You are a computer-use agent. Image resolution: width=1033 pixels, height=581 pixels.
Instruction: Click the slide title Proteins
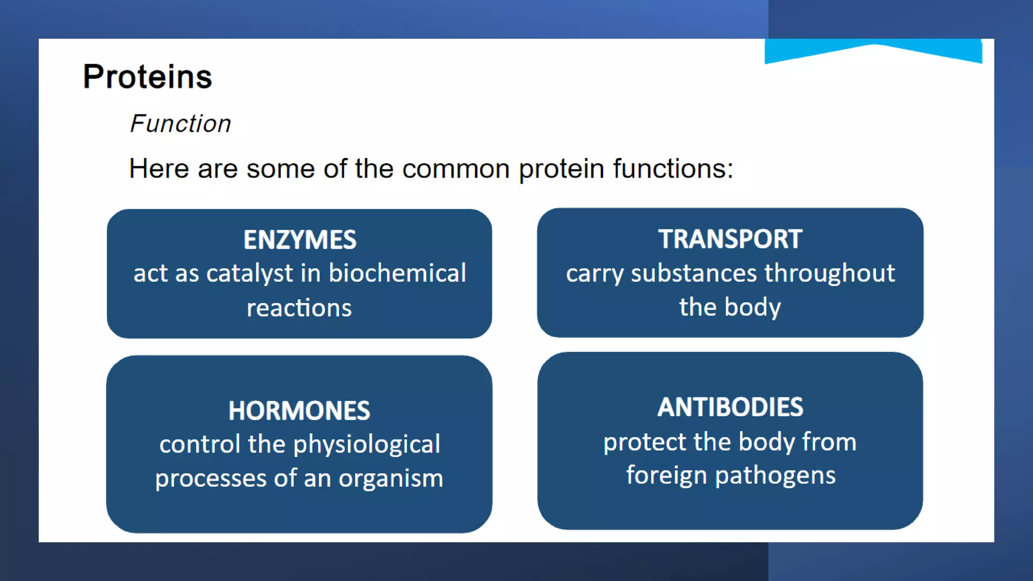coord(147,77)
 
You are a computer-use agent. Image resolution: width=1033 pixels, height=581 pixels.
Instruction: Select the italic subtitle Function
coord(181,124)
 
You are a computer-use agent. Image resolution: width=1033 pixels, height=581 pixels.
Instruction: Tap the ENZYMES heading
coord(300,240)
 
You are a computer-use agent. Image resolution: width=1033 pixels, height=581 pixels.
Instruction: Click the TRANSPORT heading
coord(730,239)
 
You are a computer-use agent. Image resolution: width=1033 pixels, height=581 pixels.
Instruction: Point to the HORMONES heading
coord(299,411)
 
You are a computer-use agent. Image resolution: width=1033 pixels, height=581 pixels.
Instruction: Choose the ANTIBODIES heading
coord(730,407)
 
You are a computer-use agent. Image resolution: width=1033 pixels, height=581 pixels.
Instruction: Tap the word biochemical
coord(397,273)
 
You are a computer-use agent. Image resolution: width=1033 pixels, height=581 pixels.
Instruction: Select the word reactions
coord(299,308)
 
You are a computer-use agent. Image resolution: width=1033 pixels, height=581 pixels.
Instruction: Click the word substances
coord(694,273)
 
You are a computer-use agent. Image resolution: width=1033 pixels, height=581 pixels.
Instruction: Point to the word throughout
coord(830,274)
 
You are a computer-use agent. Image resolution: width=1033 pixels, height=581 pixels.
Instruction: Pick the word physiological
coord(367,445)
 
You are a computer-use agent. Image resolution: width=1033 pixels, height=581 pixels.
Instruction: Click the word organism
coord(391,478)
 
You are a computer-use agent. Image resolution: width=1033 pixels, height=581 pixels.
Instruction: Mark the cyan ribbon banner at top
coord(873,50)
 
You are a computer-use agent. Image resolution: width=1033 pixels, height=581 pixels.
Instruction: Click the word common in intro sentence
coord(455,168)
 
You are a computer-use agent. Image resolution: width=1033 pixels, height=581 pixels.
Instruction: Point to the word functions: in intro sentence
coord(673,168)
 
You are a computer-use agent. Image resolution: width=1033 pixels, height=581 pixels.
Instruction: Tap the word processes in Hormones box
coord(210,479)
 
